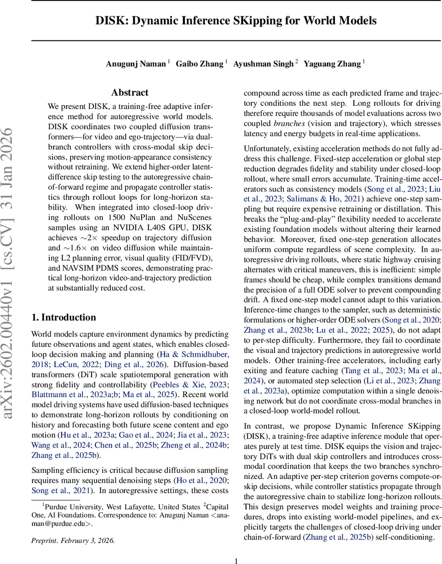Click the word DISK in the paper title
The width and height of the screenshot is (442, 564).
click(x=109, y=21)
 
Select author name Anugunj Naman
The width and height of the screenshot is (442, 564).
click(x=136, y=64)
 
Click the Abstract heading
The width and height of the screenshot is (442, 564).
click(x=130, y=93)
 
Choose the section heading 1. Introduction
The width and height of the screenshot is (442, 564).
click(x=63, y=317)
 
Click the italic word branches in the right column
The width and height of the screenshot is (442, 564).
click(x=288, y=123)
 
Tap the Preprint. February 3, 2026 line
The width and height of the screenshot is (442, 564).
click(x=73, y=540)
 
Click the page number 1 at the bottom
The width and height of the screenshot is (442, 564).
click(x=236, y=560)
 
